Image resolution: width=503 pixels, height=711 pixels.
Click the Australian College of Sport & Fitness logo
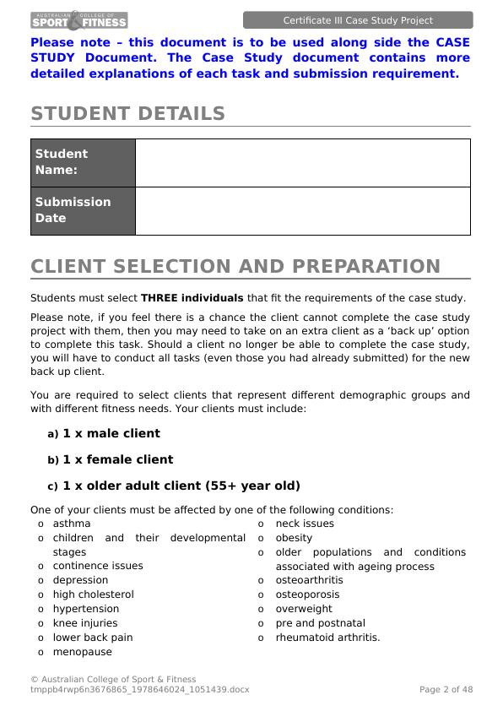tap(79, 19)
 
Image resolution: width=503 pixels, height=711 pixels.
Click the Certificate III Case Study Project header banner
tap(358, 20)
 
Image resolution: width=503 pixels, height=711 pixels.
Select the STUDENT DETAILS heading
tap(127, 114)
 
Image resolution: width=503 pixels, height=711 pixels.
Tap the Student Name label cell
tap(83, 162)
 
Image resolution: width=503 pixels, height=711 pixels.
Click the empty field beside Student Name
tap(302, 162)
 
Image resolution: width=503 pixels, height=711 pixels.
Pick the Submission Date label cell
tap(83, 210)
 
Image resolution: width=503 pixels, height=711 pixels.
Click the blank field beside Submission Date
tap(302, 210)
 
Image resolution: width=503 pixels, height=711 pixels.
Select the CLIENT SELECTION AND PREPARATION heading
tap(235, 267)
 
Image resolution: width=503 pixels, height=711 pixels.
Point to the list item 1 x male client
tap(111, 433)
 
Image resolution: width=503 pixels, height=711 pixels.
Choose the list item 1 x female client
tap(117, 459)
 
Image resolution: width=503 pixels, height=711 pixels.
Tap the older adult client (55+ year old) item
tap(181, 486)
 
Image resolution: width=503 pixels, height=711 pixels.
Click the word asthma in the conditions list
tap(71, 524)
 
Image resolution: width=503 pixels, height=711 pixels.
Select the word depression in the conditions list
tap(80, 580)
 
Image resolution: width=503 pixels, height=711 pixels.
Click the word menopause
tap(82, 652)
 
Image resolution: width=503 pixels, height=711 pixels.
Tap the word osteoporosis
tap(307, 594)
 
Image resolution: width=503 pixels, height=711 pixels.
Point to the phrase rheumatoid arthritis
tap(327, 638)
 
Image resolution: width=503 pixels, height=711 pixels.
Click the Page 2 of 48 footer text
tap(446, 690)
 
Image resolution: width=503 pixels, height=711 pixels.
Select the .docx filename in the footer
tap(140, 690)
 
